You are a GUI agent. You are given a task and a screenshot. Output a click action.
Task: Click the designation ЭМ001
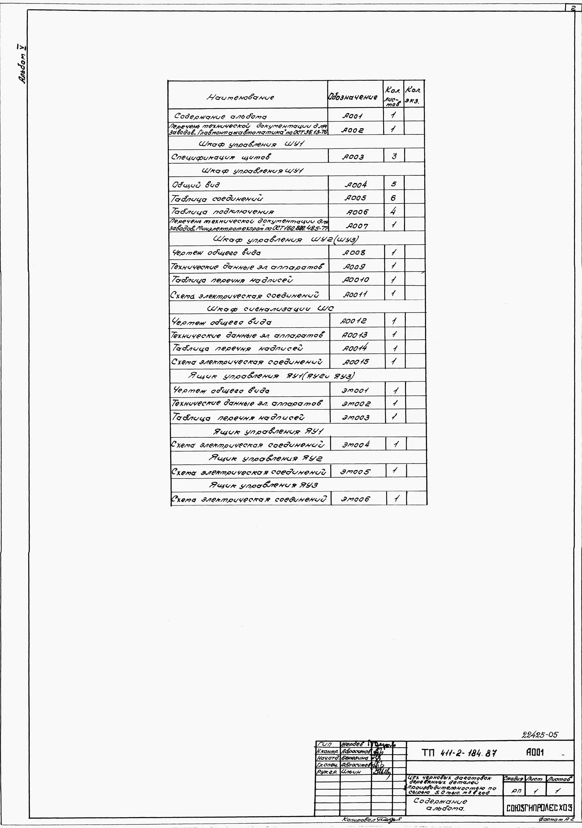point(355,390)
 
